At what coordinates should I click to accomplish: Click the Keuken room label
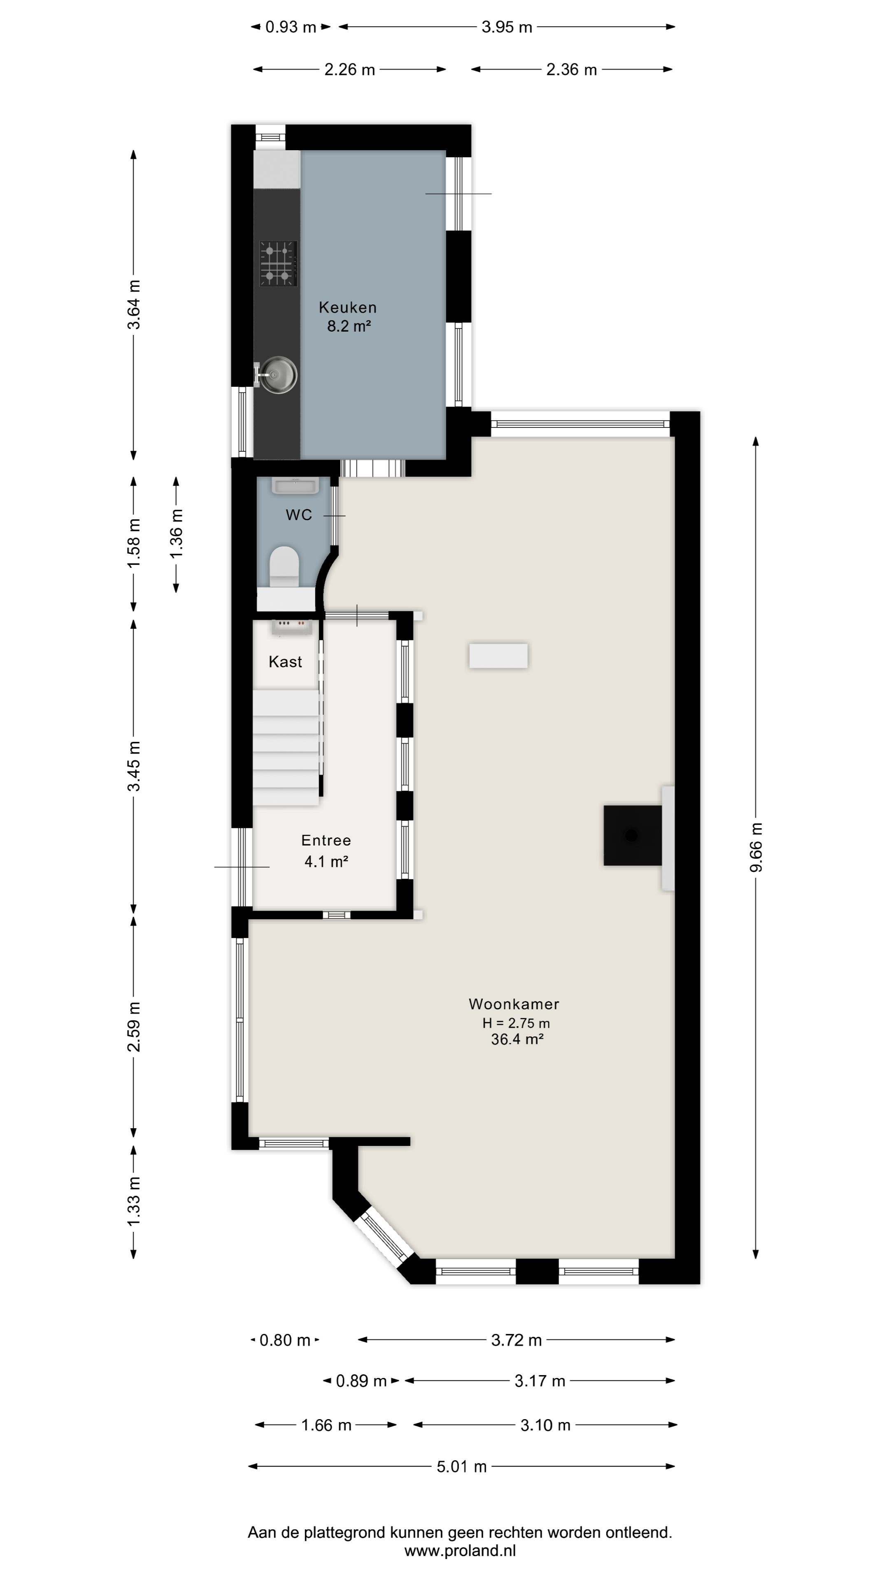pos(347,307)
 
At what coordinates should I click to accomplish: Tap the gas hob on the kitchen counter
pos(278,264)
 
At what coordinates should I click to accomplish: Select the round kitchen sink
pos(278,374)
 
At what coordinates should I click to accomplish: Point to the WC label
pos(299,515)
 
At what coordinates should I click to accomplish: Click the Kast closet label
pos(285,662)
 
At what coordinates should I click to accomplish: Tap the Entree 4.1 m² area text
pos(326,862)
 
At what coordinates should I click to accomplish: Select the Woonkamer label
pos(514,1004)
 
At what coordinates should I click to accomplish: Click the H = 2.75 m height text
pos(516,1023)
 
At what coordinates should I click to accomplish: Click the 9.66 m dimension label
pos(756,847)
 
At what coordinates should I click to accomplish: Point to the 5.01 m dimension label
pos(461,1466)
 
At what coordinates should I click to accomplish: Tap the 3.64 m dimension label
pos(134,304)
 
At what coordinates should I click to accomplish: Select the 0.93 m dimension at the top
pos(291,27)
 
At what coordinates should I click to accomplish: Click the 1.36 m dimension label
pos(176,534)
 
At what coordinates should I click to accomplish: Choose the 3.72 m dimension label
pos(516,1340)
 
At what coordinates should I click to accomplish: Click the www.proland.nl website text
pos(460,1550)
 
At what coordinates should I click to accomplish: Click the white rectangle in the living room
pos(498,656)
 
